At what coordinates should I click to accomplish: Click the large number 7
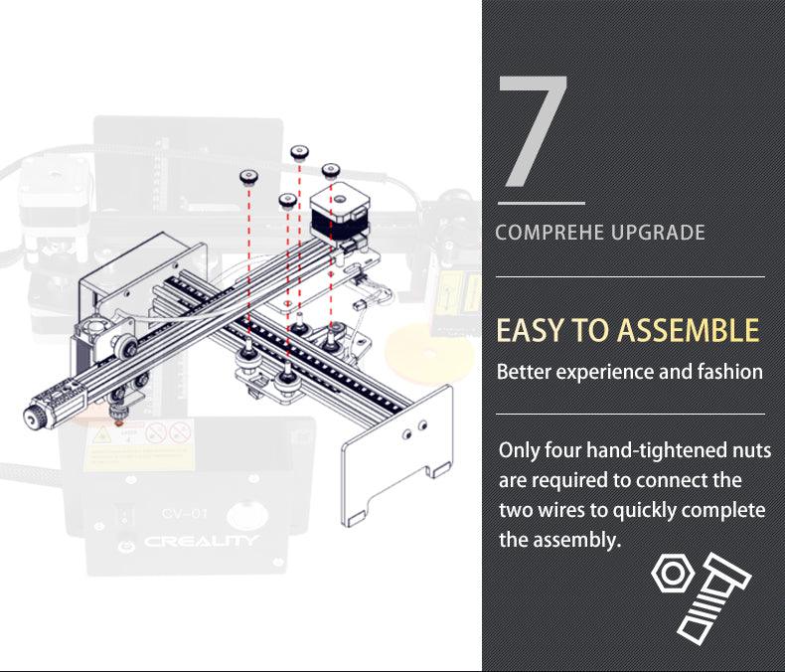tap(533, 131)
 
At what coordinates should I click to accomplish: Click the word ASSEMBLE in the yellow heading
tap(689, 330)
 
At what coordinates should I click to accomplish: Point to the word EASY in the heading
tap(531, 330)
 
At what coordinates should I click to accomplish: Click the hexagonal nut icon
tap(673, 573)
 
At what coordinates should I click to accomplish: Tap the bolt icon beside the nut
tap(713, 597)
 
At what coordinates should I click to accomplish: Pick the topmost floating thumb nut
tap(299, 153)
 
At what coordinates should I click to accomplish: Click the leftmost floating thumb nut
tap(248, 178)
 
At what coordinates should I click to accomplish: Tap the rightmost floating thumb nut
tap(331, 170)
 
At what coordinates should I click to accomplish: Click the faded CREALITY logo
tap(202, 542)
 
